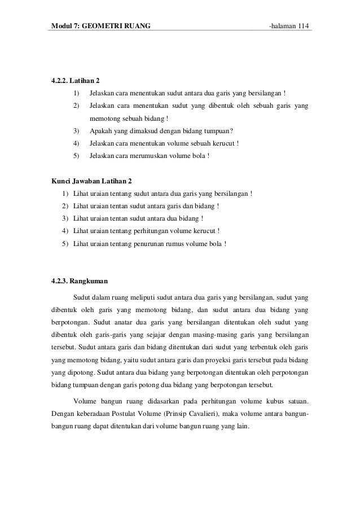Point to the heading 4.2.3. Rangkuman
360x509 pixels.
tap(79, 279)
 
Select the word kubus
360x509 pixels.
tap(276, 402)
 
